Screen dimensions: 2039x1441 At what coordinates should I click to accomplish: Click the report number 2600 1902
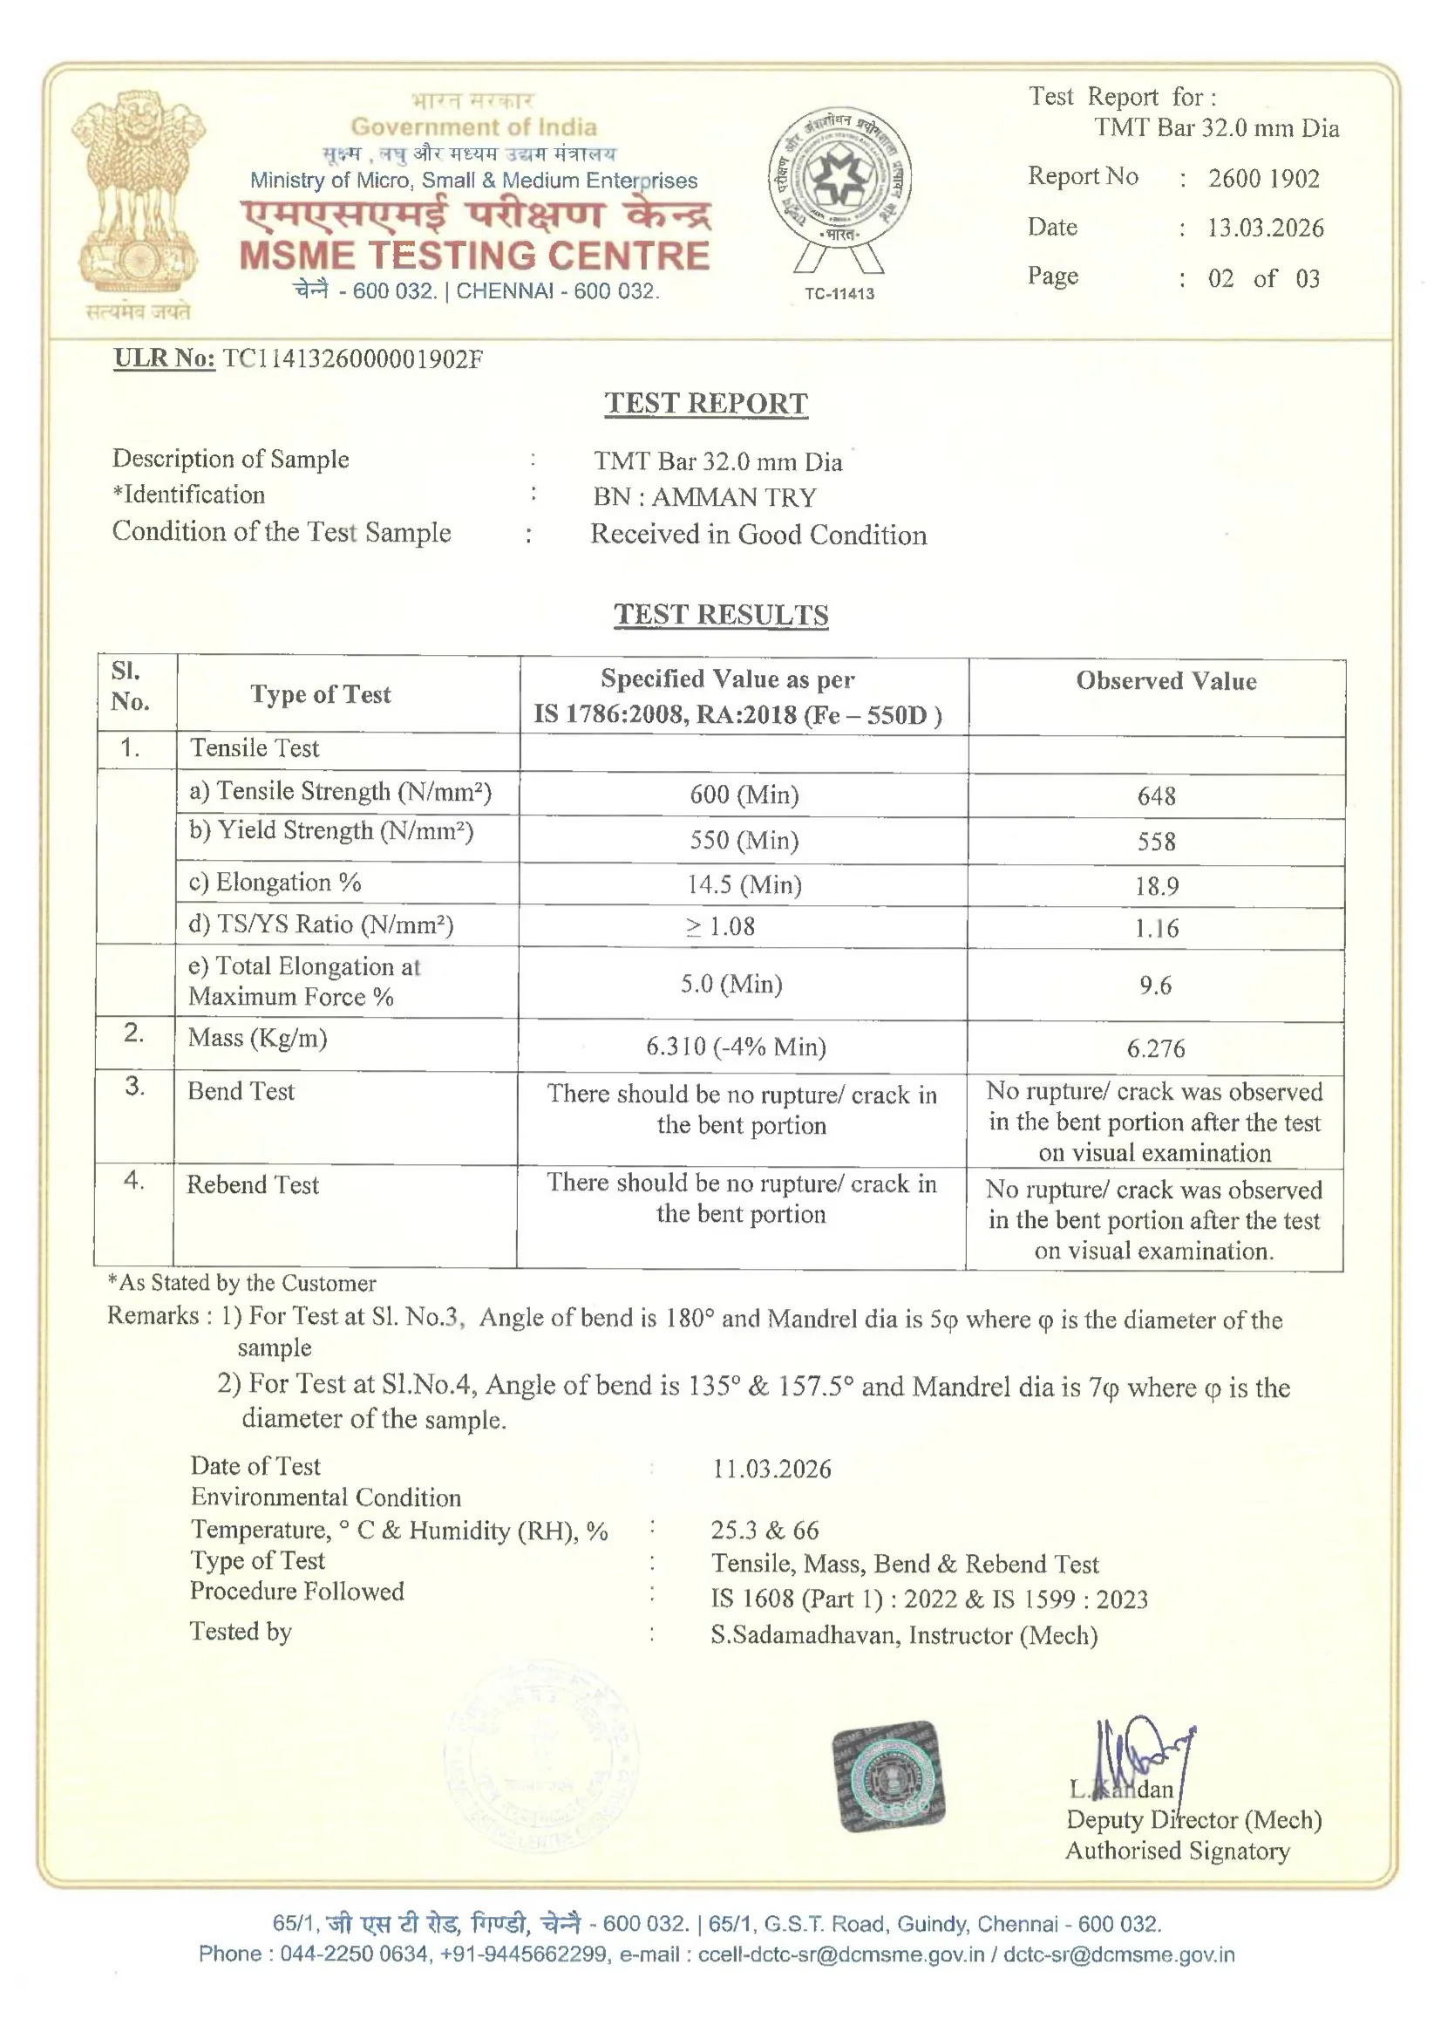1263,179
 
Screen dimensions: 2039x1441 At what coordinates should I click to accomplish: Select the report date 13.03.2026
1265,228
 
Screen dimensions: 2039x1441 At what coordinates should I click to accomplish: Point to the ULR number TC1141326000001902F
352,358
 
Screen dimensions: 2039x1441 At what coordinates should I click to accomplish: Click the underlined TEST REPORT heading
706,403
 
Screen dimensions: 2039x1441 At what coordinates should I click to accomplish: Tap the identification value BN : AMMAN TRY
705,497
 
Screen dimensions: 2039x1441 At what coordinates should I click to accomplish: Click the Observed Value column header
1166,681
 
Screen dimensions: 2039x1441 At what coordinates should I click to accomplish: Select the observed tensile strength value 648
1156,795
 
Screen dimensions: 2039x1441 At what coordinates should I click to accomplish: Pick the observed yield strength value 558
1156,841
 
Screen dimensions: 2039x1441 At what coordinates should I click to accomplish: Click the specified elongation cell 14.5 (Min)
744,884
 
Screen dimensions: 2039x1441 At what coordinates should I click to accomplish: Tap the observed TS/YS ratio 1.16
1156,929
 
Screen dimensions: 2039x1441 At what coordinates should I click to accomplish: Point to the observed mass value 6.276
1155,1049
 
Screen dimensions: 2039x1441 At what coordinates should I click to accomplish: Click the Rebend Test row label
253,1184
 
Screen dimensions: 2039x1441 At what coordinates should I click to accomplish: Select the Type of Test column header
320,694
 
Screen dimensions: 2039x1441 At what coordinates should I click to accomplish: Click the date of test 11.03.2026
771,1469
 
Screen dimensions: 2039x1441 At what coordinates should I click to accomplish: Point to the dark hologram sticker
887,1776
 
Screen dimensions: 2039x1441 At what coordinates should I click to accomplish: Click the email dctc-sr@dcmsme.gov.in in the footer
1118,1954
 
